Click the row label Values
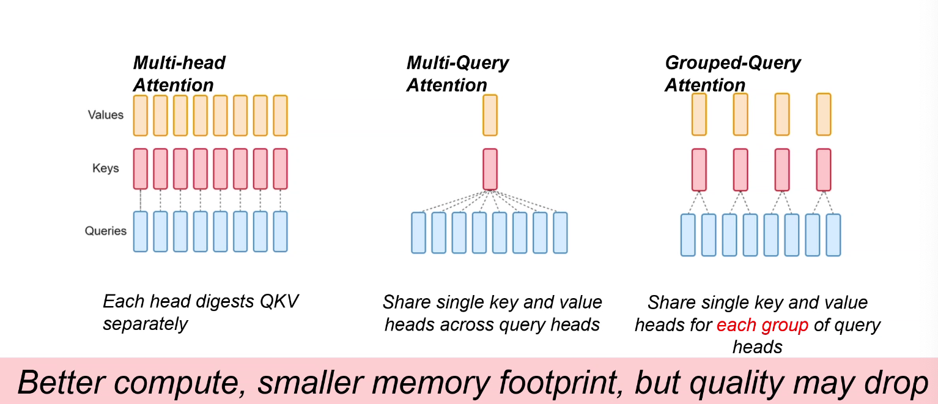click(x=105, y=115)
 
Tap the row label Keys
click(x=105, y=168)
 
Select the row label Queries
click(x=105, y=231)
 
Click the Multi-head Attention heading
click(x=179, y=73)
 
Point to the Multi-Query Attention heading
click(x=457, y=73)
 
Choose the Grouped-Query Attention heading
click(x=733, y=73)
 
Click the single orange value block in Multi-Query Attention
click(x=490, y=115)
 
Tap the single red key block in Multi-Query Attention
click(x=490, y=169)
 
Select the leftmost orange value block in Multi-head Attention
click(x=140, y=115)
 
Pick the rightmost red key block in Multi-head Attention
click(x=280, y=169)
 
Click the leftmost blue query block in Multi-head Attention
click(x=140, y=231)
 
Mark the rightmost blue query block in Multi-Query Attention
click(x=560, y=233)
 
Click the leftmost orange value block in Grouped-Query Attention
click(x=699, y=114)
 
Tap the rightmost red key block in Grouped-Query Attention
click(x=824, y=170)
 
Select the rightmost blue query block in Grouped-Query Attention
click(x=833, y=234)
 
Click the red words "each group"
click(x=763, y=325)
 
